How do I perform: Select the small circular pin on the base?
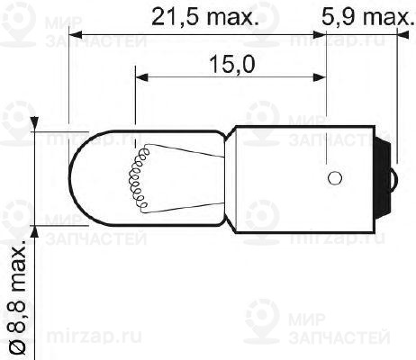[x=334, y=176]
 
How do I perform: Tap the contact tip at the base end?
[x=393, y=176]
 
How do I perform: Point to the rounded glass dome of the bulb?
[x=90, y=176]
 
